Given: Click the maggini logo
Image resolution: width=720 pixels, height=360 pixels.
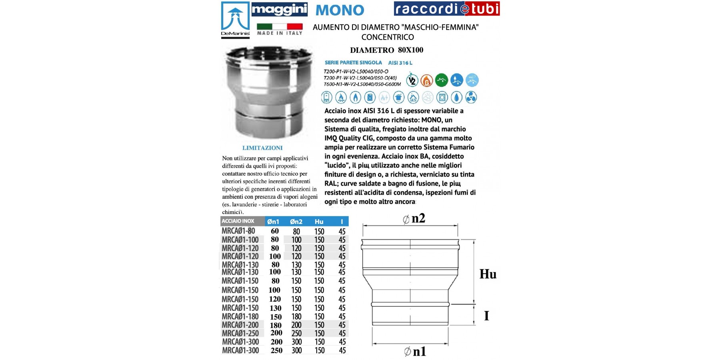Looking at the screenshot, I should tap(279, 9).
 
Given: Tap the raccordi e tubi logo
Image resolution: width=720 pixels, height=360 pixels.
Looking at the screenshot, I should tap(446, 9).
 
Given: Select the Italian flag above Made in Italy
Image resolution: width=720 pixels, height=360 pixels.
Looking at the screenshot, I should tap(279, 27).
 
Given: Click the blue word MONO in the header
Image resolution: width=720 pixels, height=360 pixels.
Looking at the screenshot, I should tap(340, 10).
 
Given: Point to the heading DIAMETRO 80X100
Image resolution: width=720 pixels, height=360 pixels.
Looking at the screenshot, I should tap(386, 50).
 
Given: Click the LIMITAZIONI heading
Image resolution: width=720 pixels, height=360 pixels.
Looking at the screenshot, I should tap(262, 148).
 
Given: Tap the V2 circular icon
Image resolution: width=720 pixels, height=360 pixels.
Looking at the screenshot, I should tap(412, 80).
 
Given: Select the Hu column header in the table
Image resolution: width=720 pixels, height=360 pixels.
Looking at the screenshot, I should tap(319, 222).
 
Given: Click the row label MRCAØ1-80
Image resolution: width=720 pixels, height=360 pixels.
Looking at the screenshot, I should tap(238, 231).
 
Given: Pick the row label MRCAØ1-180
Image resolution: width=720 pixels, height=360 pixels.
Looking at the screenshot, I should tap(240, 316).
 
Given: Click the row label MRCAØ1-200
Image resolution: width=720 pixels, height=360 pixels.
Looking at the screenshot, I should tap(240, 325).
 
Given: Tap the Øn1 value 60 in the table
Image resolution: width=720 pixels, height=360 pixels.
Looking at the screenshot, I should tap(275, 231).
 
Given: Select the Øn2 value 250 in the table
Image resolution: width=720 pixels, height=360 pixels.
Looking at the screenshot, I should tap(296, 333).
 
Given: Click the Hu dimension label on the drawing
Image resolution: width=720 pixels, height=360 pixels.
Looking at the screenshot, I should tap(488, 274).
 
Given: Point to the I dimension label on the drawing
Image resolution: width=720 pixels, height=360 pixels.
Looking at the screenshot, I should tap(486, 316).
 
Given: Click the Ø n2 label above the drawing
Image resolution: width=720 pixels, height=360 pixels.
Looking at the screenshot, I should tap(414, 218).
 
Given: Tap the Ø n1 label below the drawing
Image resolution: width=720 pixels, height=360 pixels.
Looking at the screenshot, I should tap(415, 352).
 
